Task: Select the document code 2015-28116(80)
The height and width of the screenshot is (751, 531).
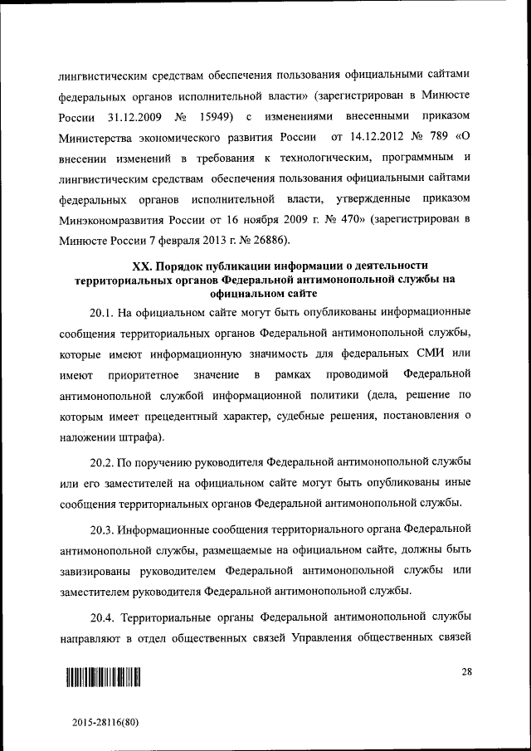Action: coord(105,722)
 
